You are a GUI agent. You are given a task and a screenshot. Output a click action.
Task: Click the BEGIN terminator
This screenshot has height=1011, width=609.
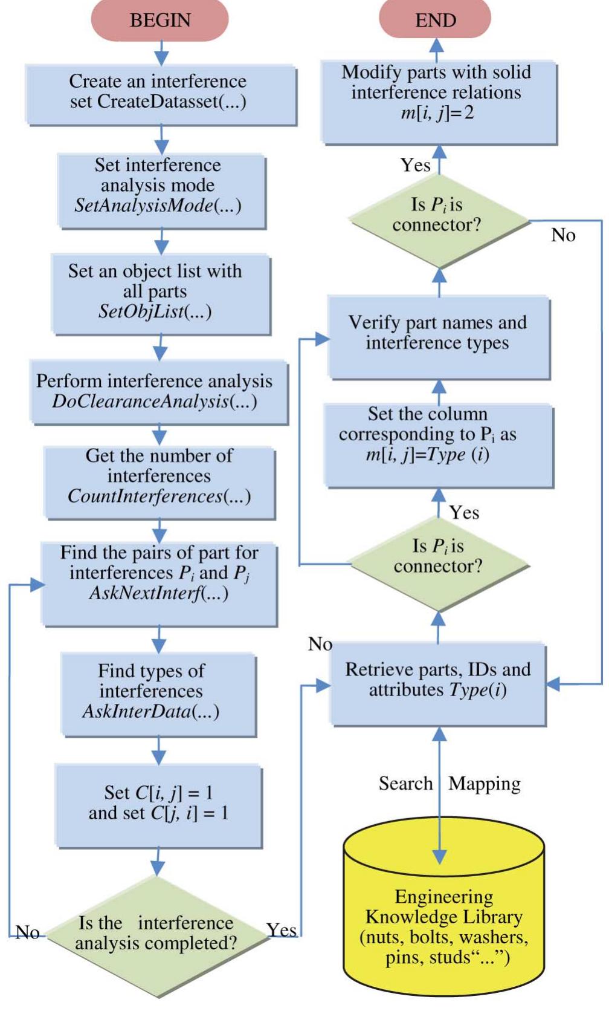point(160,20)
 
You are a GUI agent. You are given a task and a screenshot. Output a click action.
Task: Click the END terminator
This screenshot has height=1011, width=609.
point(435,20)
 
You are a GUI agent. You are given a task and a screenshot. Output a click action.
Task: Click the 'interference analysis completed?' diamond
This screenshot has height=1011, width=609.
point(157,934)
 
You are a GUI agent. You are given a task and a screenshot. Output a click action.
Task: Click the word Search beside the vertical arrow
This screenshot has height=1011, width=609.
point(405,783)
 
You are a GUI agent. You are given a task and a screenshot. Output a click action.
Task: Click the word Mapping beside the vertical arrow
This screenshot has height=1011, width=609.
point(485,783)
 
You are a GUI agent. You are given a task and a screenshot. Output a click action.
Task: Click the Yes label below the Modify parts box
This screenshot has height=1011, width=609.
point(415,165)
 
